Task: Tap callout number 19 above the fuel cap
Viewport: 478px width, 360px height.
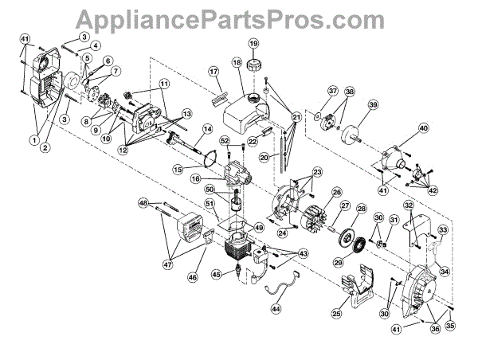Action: click(x=253, y=43)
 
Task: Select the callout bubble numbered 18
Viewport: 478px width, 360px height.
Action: click(x=237, y=62)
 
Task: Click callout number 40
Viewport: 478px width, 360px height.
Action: click(x=423, y=128)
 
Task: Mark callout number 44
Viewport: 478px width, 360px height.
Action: click(x=276, y=307)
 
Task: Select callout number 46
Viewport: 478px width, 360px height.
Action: click(x=191, y=276)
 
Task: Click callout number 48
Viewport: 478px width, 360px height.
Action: click(x=143, y=203)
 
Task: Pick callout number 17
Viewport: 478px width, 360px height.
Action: click(x=213, y=71)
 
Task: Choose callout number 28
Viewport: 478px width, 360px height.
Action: click(x=361, y=209)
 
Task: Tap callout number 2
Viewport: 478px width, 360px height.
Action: click(x=45, y=148)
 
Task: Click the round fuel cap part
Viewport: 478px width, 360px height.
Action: click(x=254, y=62)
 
